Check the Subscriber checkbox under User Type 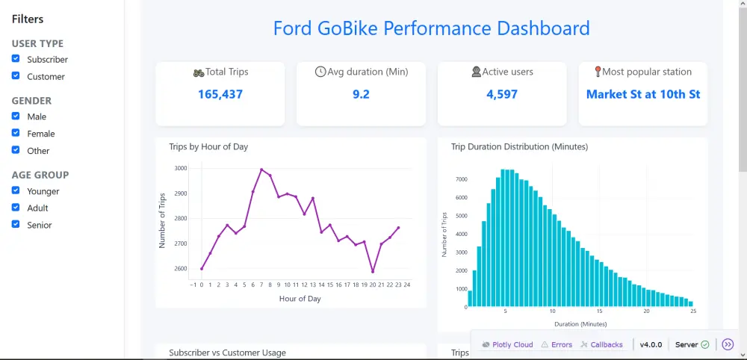[x=16, y=59]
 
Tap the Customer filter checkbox [x=16, y=76]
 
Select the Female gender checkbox [x=16, y=134]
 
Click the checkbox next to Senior [x=16, y=225]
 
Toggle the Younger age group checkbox [x=16, y=191]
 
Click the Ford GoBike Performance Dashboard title [x=431, y=29]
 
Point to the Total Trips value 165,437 [x=220, y=94]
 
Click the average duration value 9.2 [x=361, y=94]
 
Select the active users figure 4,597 [x=501, y=94]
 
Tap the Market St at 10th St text [x=642, y=94]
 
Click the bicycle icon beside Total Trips [x=198, y=72]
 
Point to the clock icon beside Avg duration [x=320, y=72]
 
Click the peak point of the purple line [x=261, y=170]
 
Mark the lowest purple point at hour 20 [x=373, y=271]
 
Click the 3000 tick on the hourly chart [x=180, y=169]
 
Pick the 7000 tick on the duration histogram [x=461, y=179]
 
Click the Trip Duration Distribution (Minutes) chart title [x=519, y=147]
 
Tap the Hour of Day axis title [x=300, y=299]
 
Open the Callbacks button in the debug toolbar [x=601, y=344]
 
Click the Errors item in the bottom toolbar [x=557, y=344]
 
